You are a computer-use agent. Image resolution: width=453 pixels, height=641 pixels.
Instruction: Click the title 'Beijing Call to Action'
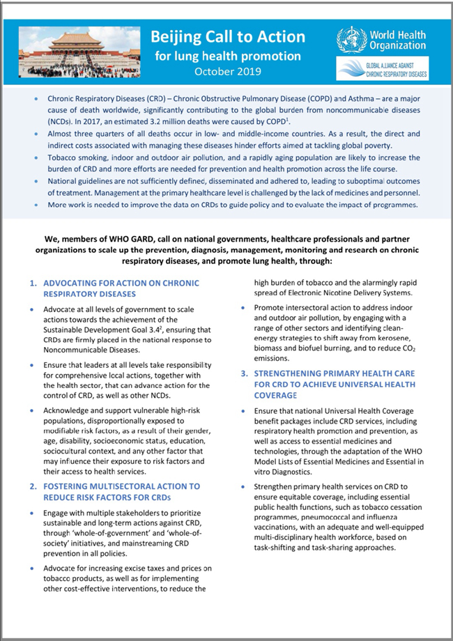(228, 37)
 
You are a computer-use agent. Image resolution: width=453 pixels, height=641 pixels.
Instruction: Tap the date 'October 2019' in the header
(228, 70)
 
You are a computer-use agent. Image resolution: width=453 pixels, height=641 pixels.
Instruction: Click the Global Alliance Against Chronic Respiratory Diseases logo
(382, 69)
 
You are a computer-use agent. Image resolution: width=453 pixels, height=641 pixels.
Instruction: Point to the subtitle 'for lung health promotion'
(228, 56)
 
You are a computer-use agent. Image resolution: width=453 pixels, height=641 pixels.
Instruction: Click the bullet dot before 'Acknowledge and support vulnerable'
(34, 410)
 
